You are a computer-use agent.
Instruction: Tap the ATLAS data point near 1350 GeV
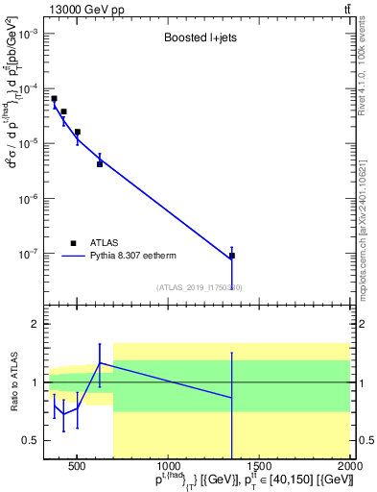point(232,256)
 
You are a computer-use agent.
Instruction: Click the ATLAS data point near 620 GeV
point(100,163)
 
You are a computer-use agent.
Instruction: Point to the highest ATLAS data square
point(55,98)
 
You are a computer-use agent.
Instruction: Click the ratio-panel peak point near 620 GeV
point(100,363)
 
